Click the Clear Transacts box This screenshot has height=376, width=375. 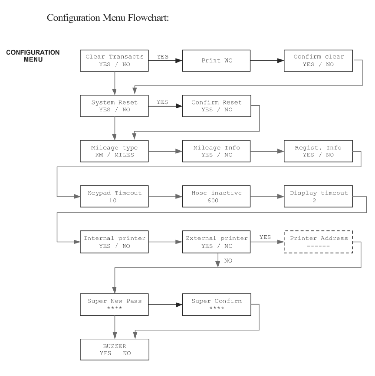(x=114, y=61)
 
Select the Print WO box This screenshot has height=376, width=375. (x=216, y=61)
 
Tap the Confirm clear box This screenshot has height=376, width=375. (x=318, y=61)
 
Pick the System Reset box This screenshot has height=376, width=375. (x=114, y=106)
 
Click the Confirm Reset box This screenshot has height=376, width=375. (x=217, y=106)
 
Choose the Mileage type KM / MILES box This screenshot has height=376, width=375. (x=114, y=151)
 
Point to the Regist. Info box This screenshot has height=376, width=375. (x=318, y=151)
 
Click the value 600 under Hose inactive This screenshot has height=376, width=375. (x=213, y=201)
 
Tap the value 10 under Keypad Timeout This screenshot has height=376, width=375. (x=112, y=201)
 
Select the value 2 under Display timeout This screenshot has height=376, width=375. (x=314, y=201)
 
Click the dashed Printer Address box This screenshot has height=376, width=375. (x=318, y=242)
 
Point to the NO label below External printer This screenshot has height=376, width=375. (x=228, y=261)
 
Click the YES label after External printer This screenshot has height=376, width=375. (x=265, y=237)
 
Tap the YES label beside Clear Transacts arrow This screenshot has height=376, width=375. (x=163, y=57)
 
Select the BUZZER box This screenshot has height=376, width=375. (x=115, y=350)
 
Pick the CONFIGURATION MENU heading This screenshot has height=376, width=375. (x=33, y=56)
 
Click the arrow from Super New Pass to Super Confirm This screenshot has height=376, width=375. (x=165, y=305)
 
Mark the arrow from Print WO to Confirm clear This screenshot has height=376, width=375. (x=267, y=61)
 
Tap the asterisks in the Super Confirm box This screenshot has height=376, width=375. (x=217, y=308)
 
